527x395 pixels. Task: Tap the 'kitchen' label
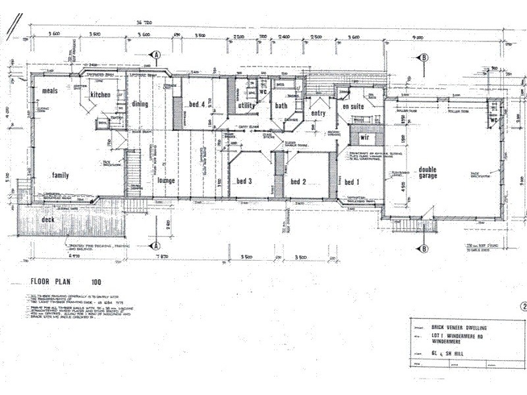(101, 95)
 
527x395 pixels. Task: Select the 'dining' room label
(140, 104)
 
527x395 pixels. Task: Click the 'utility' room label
(246, 105)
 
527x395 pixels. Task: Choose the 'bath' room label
(281, 105)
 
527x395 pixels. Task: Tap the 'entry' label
(318, 113)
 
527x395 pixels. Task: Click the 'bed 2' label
(299, 182)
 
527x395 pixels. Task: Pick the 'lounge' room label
(165, 180)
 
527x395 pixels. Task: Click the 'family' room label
(61, 176)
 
